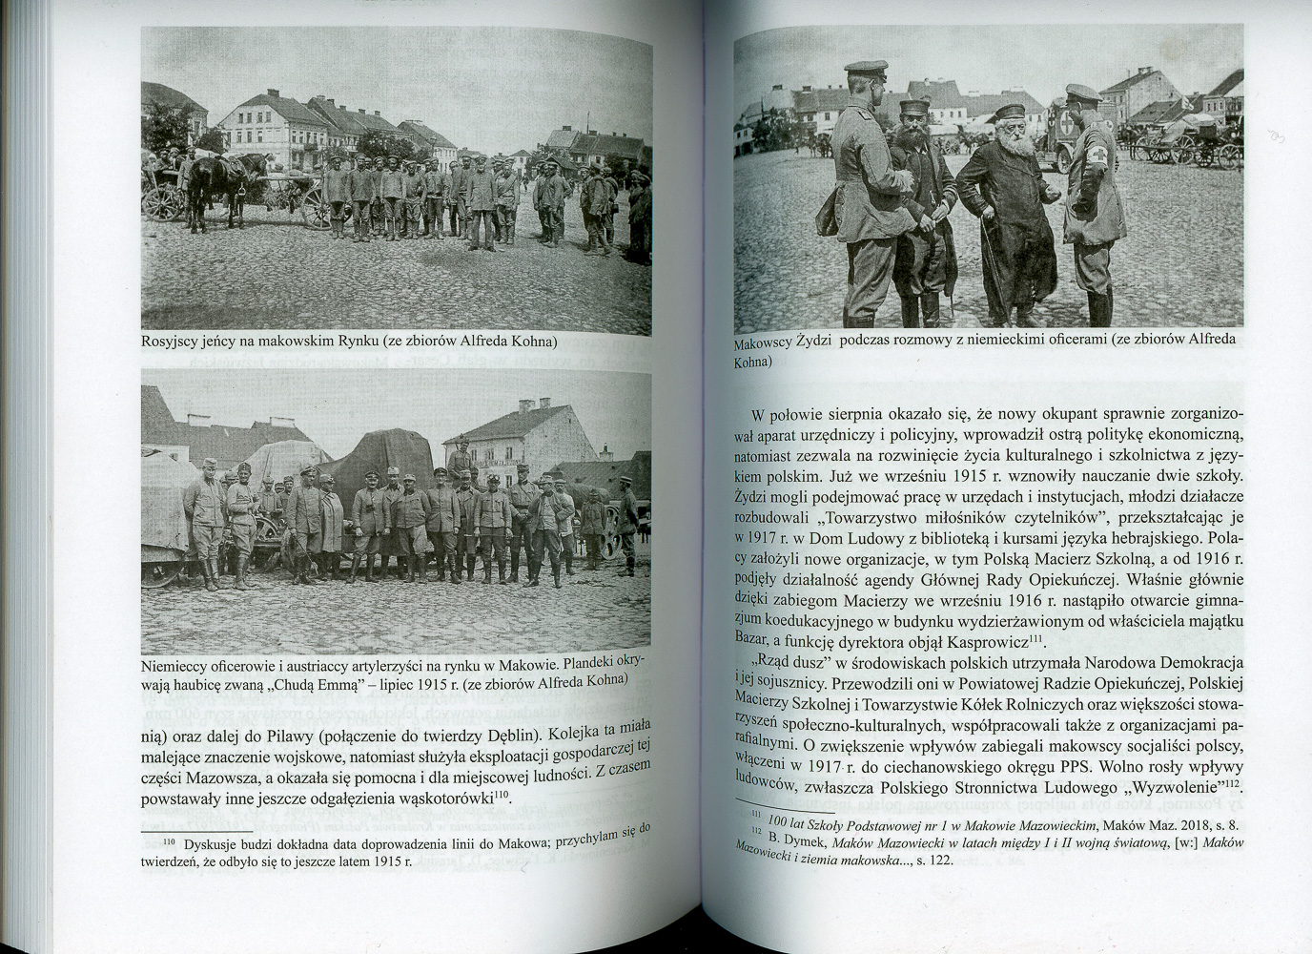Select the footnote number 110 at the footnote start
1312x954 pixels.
pos(170,844)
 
